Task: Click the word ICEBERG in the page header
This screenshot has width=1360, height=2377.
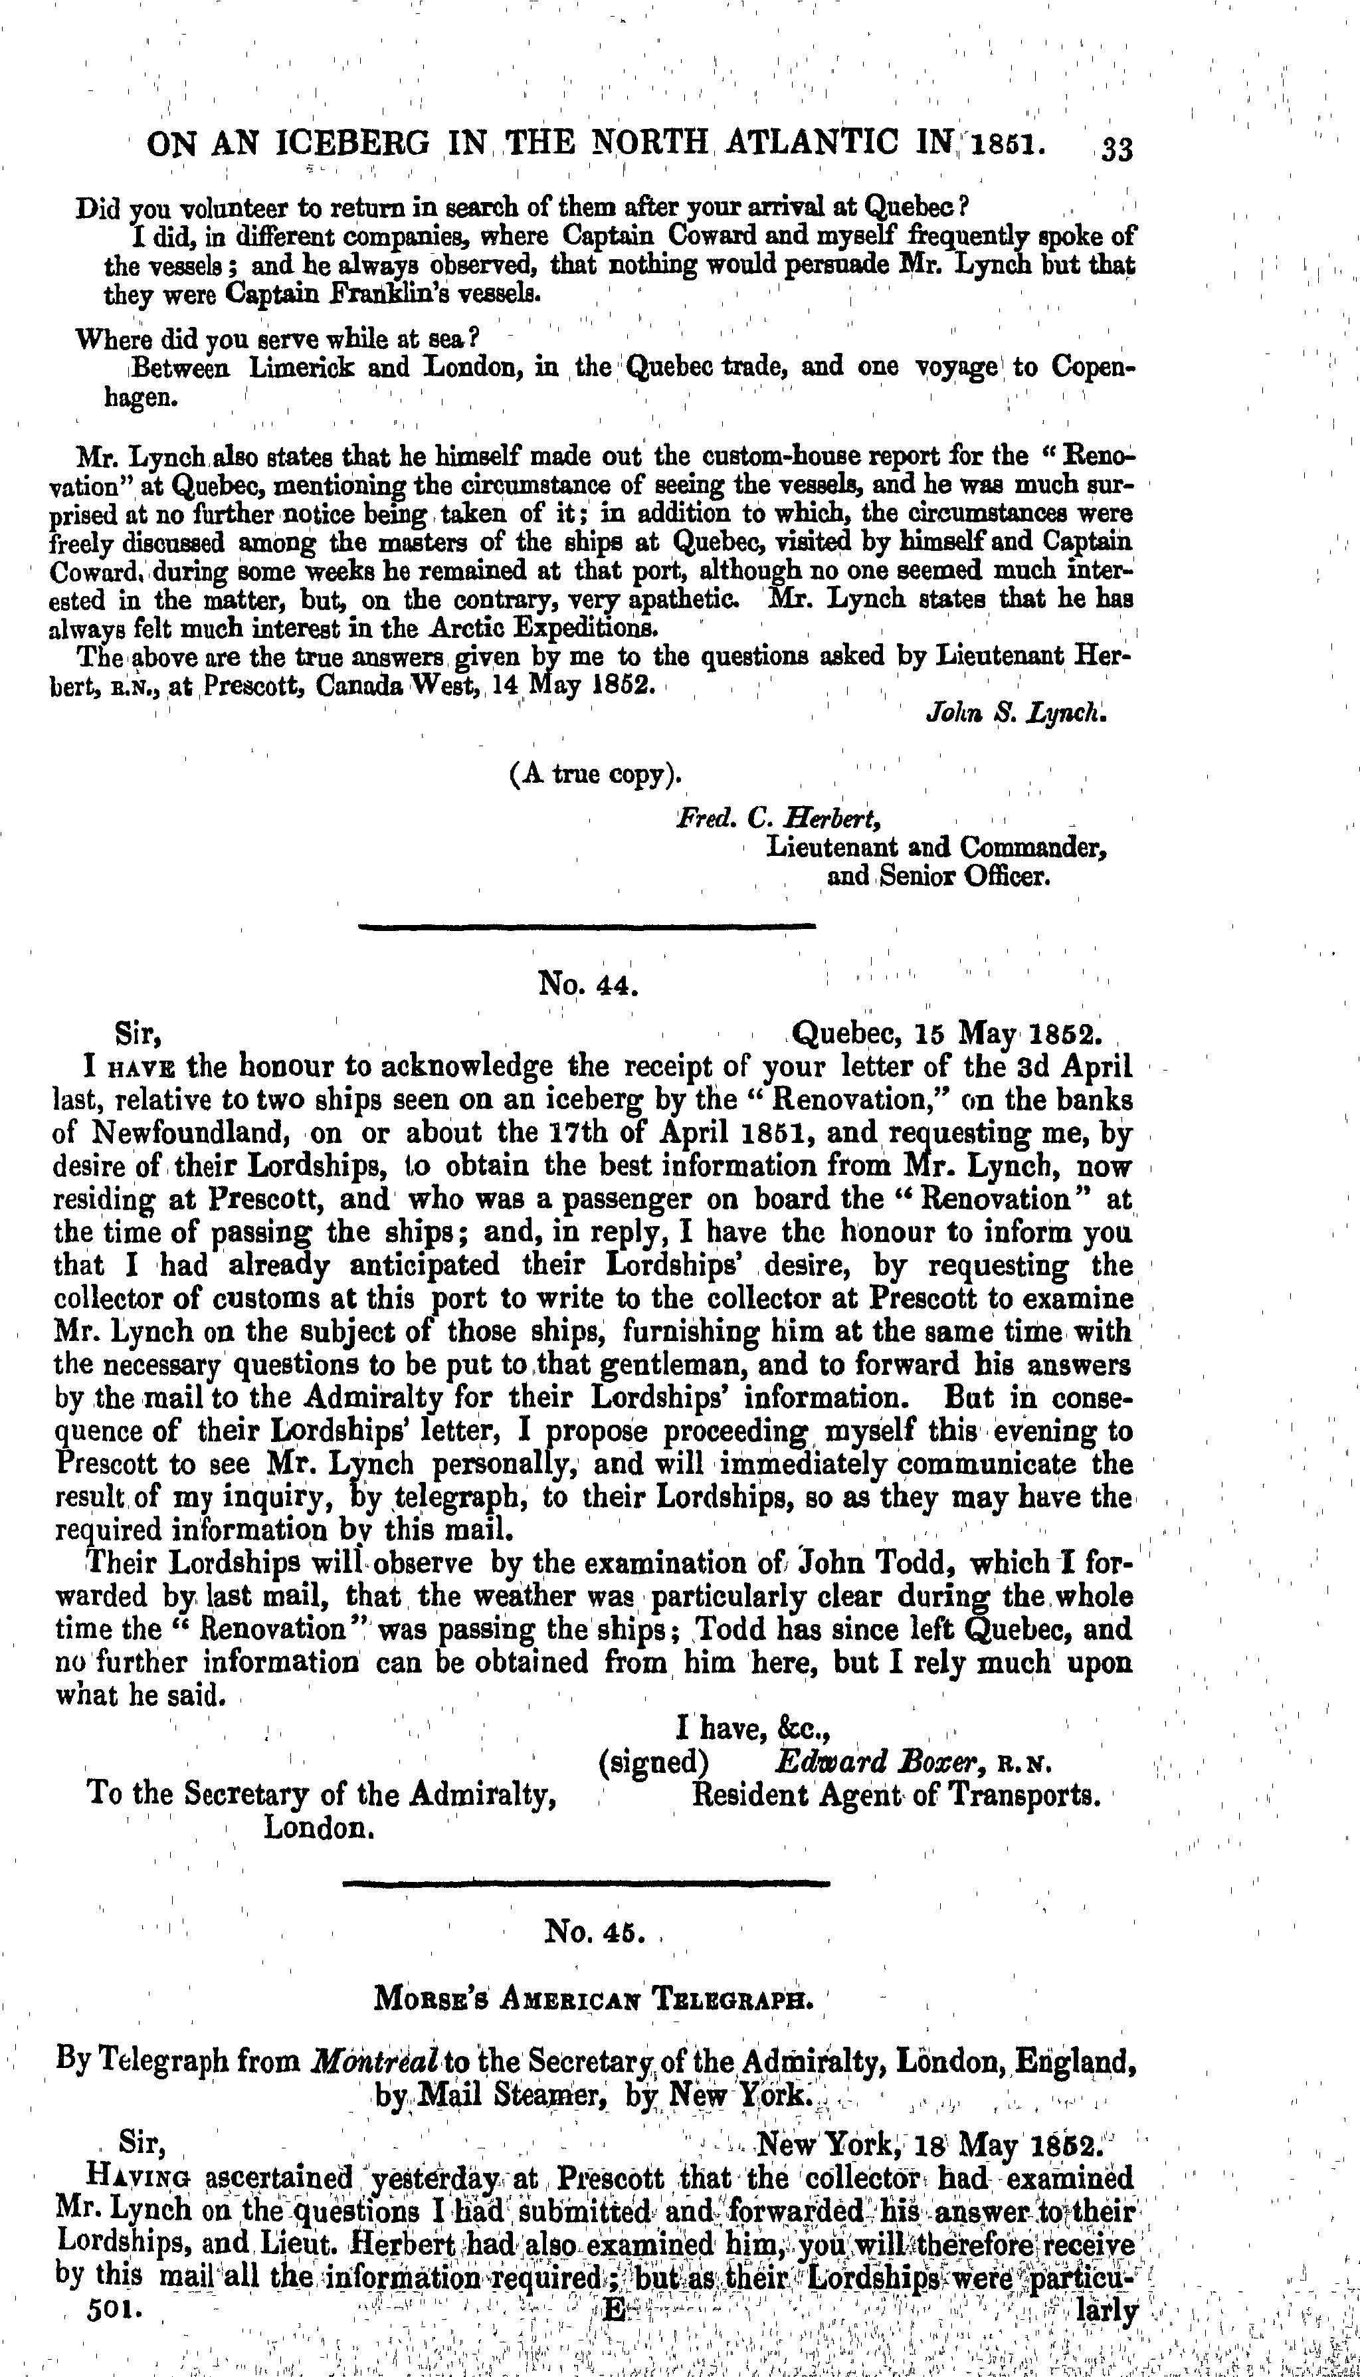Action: pos(356,145)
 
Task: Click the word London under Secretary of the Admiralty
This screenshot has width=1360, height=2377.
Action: pos(320,1826)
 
